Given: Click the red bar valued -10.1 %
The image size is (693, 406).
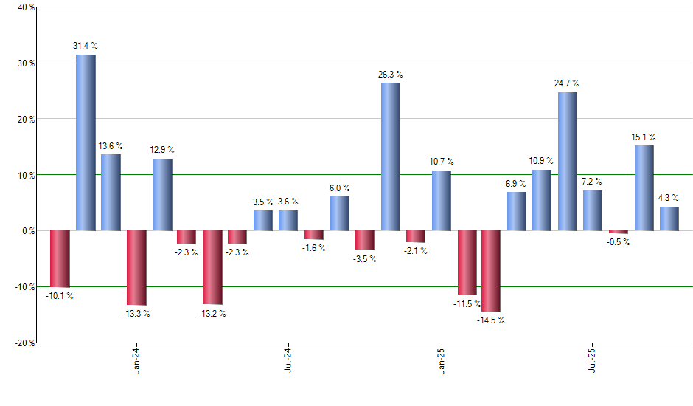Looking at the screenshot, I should (60, 258).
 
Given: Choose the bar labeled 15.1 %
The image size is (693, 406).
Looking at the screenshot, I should (644, 188).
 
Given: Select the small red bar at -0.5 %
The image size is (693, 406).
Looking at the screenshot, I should (619, 232).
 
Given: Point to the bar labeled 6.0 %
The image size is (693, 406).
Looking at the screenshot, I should (340, 213).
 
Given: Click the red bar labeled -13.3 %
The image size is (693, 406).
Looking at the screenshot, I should (136, 268).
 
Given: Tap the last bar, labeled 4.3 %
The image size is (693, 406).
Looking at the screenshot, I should (669, 219).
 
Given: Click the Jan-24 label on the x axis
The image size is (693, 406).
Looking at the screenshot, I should (136, 361).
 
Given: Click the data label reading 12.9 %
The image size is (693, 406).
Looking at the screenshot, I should (161, 151).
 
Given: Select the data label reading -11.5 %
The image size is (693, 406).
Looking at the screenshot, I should (467, 303).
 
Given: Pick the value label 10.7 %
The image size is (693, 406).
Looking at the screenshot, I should (442, 162).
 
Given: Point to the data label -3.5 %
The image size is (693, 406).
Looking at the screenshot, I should (365, 259).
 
